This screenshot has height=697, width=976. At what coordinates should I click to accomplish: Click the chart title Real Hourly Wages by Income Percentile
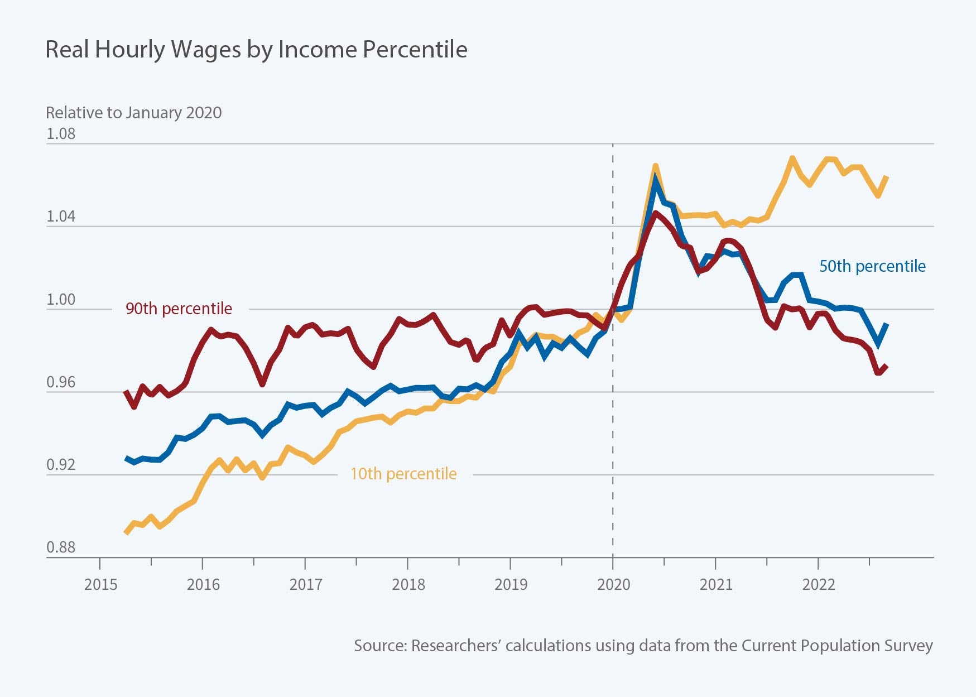256,50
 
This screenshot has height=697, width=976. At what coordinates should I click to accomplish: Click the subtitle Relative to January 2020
133,113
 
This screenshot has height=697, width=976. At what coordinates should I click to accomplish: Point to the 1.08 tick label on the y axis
61,134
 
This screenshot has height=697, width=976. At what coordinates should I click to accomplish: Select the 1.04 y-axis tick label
61,217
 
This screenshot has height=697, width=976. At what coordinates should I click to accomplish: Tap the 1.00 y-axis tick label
61,300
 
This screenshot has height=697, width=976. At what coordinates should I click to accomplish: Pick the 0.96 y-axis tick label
61,382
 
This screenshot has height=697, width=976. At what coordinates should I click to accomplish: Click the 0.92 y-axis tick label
61,465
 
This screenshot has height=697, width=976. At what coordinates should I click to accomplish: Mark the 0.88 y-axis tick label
61,547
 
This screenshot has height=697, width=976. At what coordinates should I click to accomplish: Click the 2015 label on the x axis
100,585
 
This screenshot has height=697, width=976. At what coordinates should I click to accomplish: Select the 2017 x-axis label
306,585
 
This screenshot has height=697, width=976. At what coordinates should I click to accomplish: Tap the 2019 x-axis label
511,585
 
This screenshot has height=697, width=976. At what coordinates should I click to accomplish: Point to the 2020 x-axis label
613,585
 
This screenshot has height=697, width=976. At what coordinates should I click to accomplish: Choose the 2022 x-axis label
819,585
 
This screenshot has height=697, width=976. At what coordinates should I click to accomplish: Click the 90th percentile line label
179,309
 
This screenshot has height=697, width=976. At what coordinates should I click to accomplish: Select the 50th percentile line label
872,266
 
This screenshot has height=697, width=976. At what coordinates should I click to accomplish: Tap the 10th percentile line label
403,474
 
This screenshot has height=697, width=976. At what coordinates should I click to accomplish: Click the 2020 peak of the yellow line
655,166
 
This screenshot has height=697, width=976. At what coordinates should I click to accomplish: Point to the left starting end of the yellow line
126,533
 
